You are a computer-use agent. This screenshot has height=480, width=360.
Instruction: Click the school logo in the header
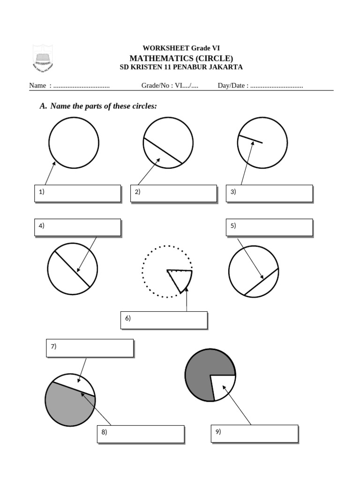click(x=42, y=58)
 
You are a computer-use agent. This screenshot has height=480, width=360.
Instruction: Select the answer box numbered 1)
click(x=77, y=193)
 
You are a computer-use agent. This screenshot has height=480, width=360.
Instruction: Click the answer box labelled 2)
click(x=173, y=193)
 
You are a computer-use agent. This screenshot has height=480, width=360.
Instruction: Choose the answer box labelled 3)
click(x=269, y=193)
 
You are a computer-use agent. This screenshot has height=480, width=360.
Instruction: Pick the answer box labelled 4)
click(x=77, y=227)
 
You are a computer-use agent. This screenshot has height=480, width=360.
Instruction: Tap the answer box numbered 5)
click(x=269, y=227)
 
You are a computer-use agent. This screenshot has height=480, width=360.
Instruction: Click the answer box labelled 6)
click(x=164, y=320)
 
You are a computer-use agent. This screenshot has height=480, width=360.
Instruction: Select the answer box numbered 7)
click(x=90, y=348)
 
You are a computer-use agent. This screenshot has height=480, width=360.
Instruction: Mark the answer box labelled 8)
click(x=141, y=434)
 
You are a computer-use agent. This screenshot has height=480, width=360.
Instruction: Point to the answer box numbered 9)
click(x=255, y=434)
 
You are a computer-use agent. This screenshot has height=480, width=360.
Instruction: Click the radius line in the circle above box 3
click(x=250, y=139)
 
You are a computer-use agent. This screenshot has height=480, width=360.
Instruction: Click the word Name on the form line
click(x=37, y=86)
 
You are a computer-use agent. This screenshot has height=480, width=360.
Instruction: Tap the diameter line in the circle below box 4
click(x=72, y=269)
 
